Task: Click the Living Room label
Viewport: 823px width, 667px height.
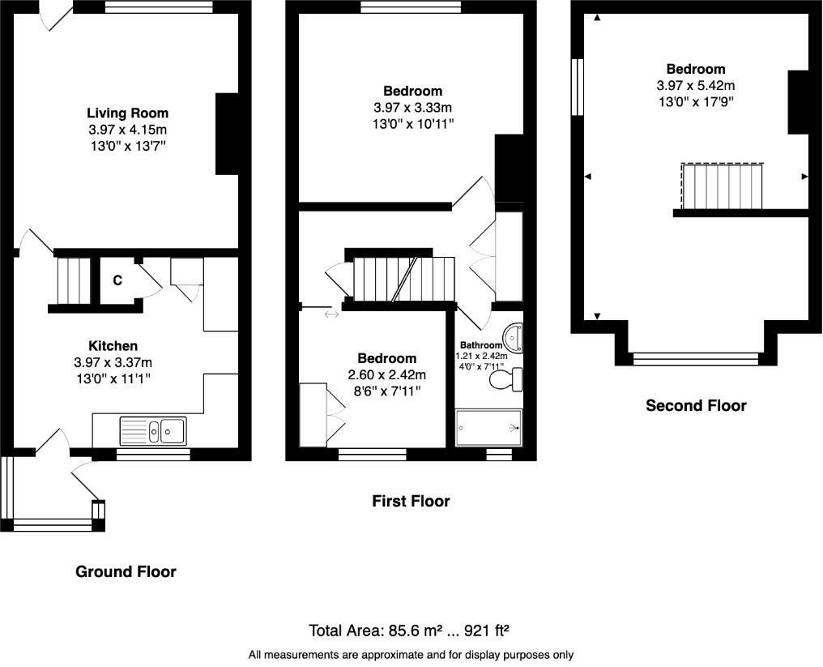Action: (x=127, y=113)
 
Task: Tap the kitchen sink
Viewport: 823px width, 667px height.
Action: (x=153, y=430)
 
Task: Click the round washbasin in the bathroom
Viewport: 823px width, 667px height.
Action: (x=513, y=337)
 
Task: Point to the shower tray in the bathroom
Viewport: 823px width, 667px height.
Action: (x=488, y=428)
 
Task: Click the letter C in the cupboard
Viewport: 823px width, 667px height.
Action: (x=117, y=280)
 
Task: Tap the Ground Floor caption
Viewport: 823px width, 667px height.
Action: (x=126, y=571)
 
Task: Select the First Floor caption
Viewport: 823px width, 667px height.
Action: (x=411, y=501)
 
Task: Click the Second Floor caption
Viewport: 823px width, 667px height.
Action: (x=696, y=405)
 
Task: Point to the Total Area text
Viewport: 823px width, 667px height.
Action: (x=409, y=631)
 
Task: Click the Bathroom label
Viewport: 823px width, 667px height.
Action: (x=481, y=345)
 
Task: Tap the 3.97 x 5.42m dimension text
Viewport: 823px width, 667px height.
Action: (x=696, y=85)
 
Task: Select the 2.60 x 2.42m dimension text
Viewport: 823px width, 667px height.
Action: (x=387, y=374)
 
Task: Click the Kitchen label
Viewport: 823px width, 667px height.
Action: (x=113, y=345)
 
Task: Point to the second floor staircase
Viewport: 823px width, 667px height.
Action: (x=722, y=186)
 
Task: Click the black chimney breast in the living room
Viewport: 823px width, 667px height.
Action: (x=227, y=134)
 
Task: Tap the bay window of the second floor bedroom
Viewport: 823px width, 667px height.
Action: (x=696, y=359)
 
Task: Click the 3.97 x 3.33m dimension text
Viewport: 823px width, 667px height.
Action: (x=412, y=108)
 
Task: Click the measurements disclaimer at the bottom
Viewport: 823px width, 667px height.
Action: (x=411, y=655)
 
